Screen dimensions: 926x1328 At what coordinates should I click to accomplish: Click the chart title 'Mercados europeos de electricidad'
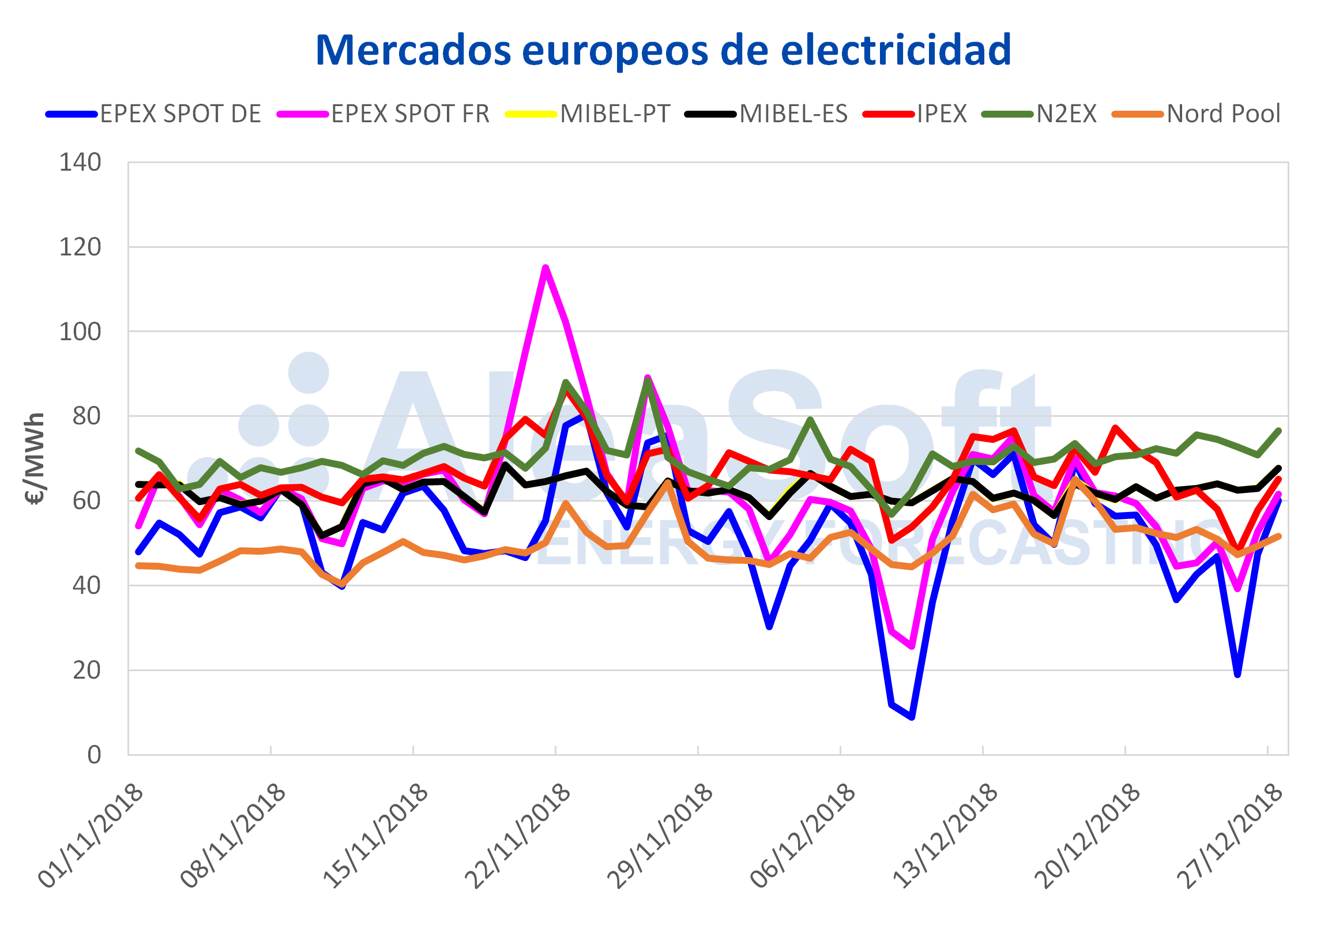pos(663,51)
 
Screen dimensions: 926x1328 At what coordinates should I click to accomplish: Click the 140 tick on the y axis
pos(80,163)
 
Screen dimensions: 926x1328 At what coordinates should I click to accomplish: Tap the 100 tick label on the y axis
pos(80,332)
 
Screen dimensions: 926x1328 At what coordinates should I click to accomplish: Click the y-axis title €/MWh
pos(35,458)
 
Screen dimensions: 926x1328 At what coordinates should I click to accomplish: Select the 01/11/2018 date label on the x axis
pos(91,836)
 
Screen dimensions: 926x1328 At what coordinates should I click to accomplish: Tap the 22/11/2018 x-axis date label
pos(518,836)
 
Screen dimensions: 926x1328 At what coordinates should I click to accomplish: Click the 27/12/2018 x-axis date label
pos(1230,836)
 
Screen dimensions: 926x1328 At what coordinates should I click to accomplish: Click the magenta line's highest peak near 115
pos(546,267)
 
